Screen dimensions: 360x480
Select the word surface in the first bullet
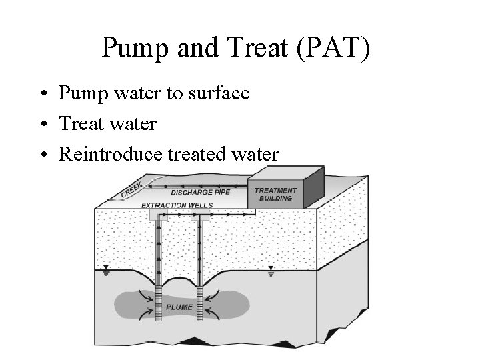click(x=217, y=93)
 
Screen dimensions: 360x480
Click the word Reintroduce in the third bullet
click(x=103, y=155)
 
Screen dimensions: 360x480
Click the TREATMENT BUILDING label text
click(x=275, y=195)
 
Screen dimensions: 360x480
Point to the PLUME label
click(x=180, y=307)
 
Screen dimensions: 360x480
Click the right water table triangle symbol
click(x=270, y=271)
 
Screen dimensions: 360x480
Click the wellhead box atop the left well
click(x=159, y=215)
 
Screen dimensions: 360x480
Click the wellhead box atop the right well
click(x=199, y=215)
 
